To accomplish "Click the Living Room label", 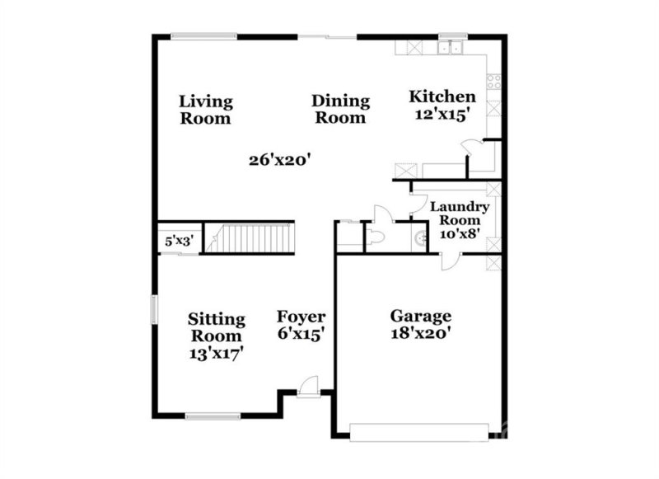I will click(x=206, y=110).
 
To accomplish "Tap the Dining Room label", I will click(x=340, y=110).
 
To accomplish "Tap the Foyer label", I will click(x=301, y=317).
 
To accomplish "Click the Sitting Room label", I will click(x=216, y=327).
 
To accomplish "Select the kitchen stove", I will click(x=495, y=81).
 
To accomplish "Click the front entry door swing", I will click(x=307, y=385).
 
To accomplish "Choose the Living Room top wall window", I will click(x=204, y=36).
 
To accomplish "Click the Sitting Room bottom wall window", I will click(x=213, y=415).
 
